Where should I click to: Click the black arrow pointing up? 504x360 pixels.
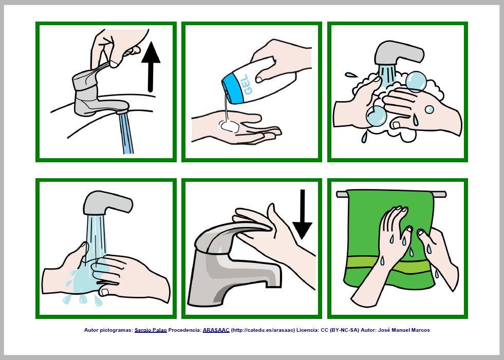click(151, 67)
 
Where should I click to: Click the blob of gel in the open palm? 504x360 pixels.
click(228, 125)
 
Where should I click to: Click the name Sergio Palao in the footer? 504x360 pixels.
click(151, 330)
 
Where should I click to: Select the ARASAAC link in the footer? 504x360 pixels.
click(216, 330)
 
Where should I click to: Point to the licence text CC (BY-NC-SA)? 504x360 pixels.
click(340, 330)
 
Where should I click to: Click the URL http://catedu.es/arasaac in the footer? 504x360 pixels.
click(263, 330)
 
